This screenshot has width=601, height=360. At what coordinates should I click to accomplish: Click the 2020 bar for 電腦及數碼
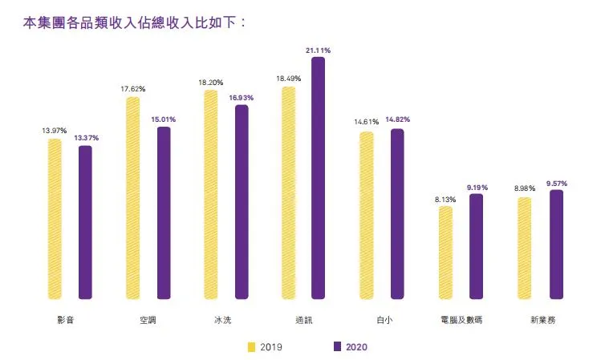(476, 245)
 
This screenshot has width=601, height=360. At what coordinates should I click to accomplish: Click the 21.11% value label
(319, 50)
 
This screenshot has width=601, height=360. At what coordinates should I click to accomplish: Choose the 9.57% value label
(556, 184)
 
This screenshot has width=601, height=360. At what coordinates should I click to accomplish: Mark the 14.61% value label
(366, 122)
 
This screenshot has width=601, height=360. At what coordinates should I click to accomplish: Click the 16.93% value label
(241, 98)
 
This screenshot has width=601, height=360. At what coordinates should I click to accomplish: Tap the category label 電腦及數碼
(461, 320)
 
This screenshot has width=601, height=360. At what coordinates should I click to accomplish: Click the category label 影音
(67, 320)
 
